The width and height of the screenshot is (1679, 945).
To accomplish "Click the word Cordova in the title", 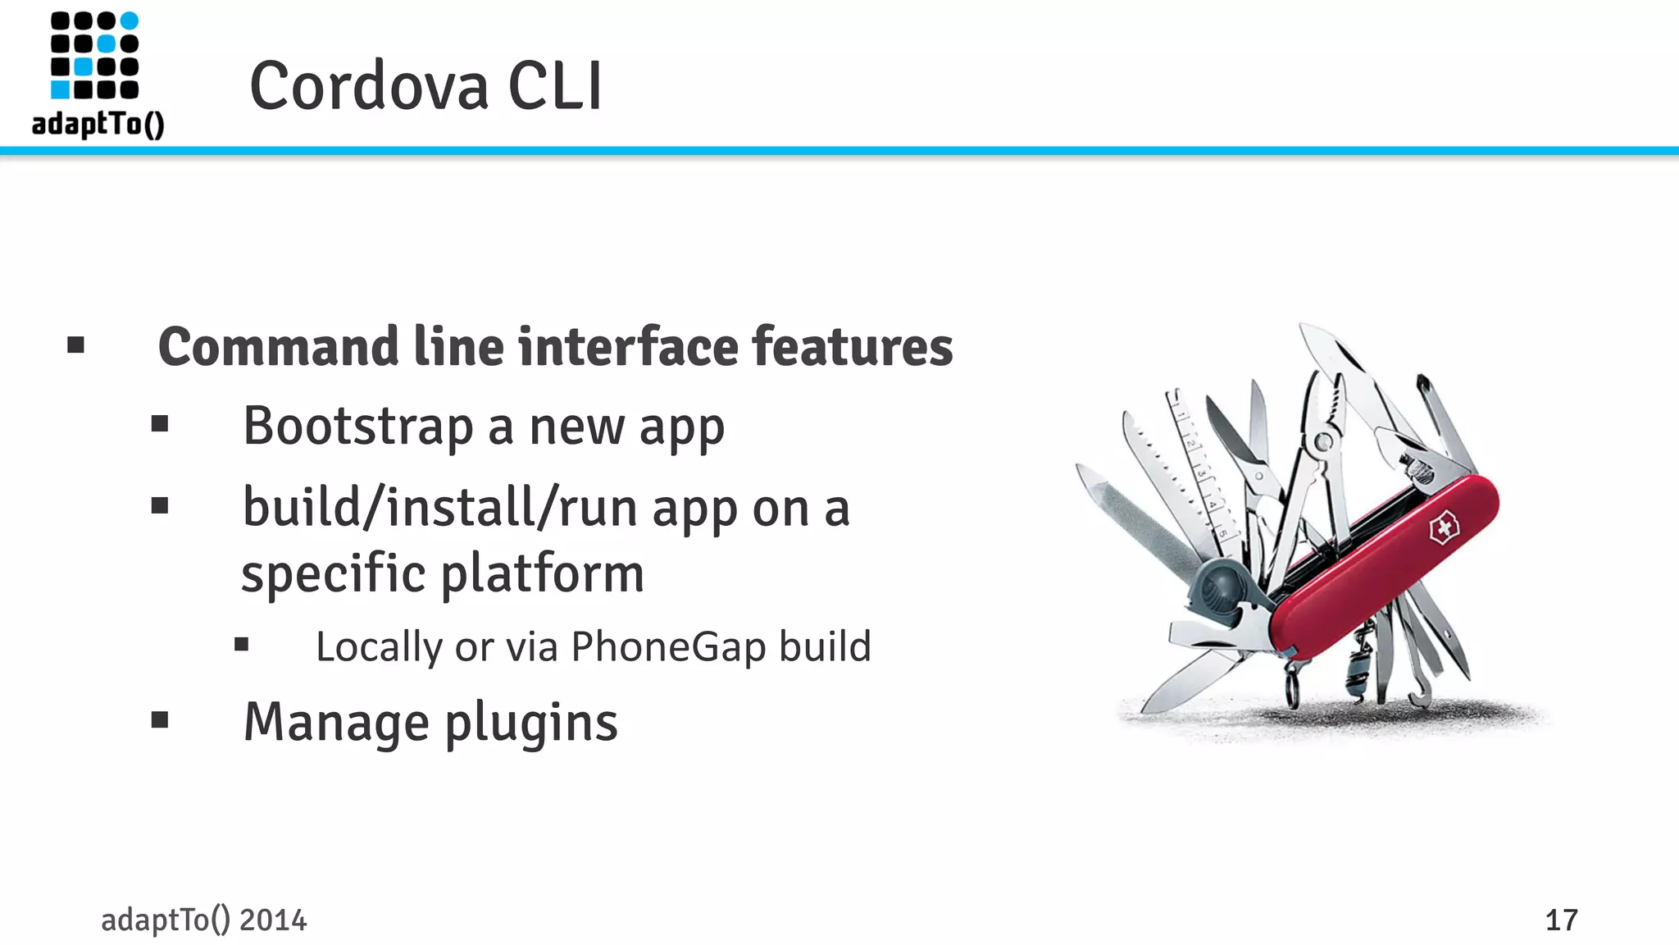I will tap(369, 86).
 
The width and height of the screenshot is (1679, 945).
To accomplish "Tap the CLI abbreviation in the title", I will tap(555, 86).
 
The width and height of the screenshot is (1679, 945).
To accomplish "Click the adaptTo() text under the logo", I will tap(98, 125).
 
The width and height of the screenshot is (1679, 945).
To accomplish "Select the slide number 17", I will tap(1561, 920).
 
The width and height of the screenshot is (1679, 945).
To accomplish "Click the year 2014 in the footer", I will tap(273, 920).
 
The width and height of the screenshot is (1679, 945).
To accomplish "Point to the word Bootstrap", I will tap(357, 427).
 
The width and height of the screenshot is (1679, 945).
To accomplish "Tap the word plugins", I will tap(531, 724).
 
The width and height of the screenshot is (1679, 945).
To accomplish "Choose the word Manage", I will tap(336, 724).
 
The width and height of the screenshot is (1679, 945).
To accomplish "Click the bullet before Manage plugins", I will tap(160, 720).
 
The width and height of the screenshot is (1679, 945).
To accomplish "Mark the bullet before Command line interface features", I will tap(76, 345).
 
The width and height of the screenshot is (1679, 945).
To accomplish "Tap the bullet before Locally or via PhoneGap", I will tap(241, 645).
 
